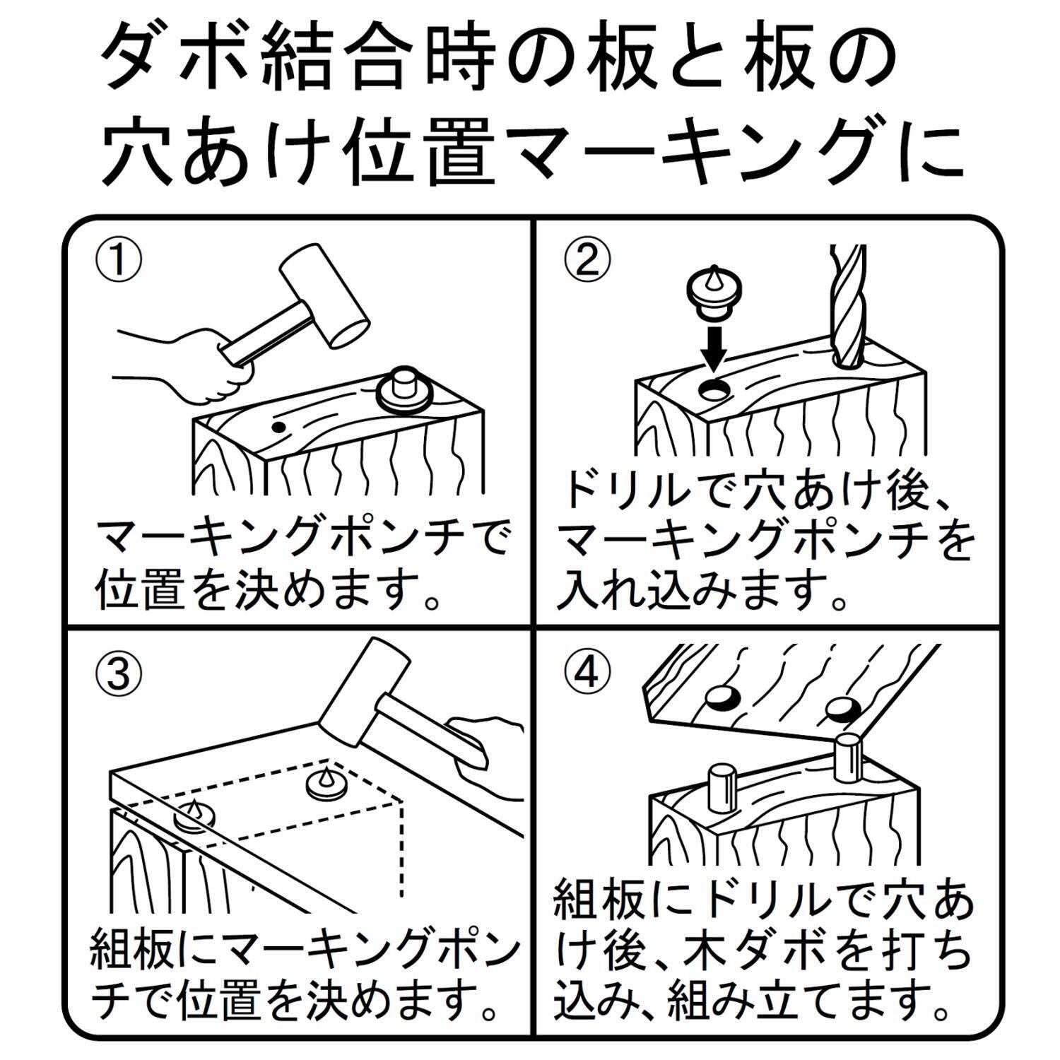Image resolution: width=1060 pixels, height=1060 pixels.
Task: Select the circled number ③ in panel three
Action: (x=119, y=674)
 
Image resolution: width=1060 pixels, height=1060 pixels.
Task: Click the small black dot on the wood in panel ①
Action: (x=279, y=427)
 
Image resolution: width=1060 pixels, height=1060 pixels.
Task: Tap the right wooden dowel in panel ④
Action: (x=849, y=761)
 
